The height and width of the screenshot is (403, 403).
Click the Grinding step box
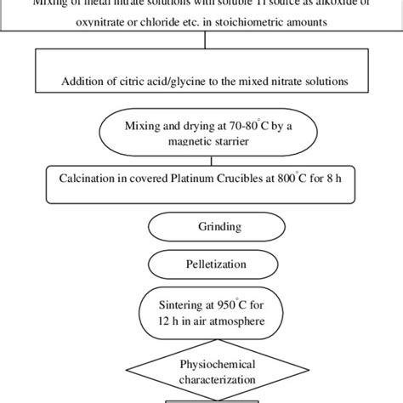click(201, 228)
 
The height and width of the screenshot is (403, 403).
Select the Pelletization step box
click(201, 264)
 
